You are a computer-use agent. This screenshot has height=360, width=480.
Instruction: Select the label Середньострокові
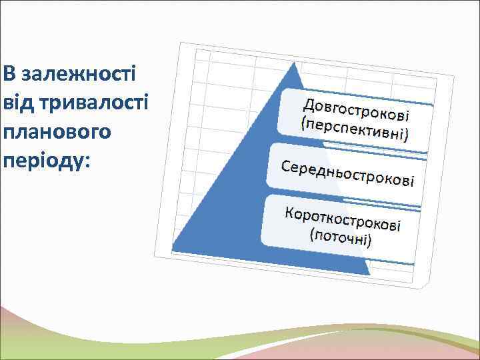tap(348, 173)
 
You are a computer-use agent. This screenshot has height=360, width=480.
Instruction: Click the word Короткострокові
tap(343, 219)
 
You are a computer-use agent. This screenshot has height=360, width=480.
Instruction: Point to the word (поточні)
tap(340, 236)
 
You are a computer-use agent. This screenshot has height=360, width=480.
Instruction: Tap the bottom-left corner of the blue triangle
tap(173, 251)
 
